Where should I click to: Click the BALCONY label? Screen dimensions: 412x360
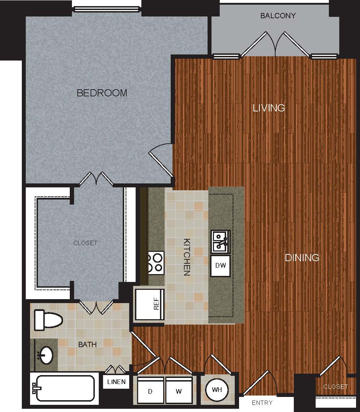tap(278, 16)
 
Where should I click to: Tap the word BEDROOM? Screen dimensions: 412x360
tap(102, 93)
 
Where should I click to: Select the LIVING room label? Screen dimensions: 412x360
tap(269, 108)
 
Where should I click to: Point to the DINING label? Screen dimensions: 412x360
tap(302, 258)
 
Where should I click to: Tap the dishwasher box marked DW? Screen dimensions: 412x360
tap(220, 266)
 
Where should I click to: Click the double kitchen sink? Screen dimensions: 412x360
tap(220, 241)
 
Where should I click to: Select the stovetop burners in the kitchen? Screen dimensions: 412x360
tap(156, 263)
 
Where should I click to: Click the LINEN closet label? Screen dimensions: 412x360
tap(116, 382)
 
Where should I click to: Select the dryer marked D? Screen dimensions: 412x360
tap(150, 391)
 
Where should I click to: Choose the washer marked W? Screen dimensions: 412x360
tap(179, 391)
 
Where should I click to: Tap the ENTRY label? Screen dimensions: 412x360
tap(262, 403)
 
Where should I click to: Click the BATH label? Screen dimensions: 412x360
tap(87, 345)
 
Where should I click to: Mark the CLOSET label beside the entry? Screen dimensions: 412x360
tap(335, 387)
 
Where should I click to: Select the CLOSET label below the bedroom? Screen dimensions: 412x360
tap(85, 243)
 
